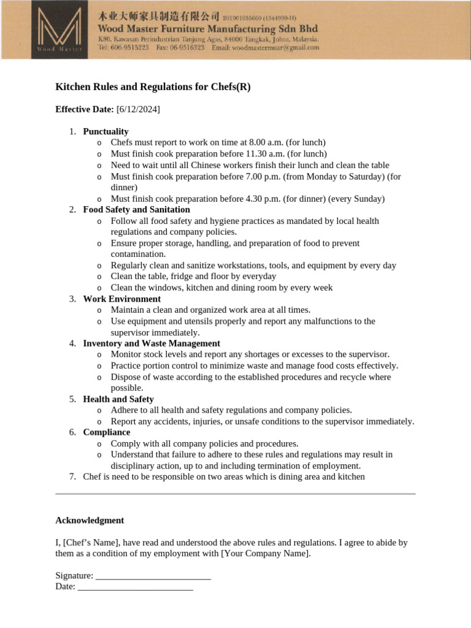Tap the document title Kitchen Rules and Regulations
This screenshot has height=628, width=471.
(x=153, y=87)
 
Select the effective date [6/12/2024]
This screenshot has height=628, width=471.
(x=138, y=109)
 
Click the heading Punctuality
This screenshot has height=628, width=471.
(x=105, y=131)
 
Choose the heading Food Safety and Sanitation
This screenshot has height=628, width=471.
(x=136, y=210)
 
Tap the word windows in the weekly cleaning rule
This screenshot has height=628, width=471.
(x=158, y=288)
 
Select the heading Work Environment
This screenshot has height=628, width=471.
(x=121, y=299)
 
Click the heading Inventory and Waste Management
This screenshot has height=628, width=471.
(x=151, y=343)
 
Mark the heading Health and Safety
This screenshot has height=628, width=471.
(x=118, y=399)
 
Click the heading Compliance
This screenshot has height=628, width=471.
(x=107, y=432)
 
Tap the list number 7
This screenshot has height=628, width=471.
(x=72, y=477)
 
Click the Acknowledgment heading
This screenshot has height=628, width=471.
(x=90, y=520)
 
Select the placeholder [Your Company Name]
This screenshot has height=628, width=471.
(x=265, y=554)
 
